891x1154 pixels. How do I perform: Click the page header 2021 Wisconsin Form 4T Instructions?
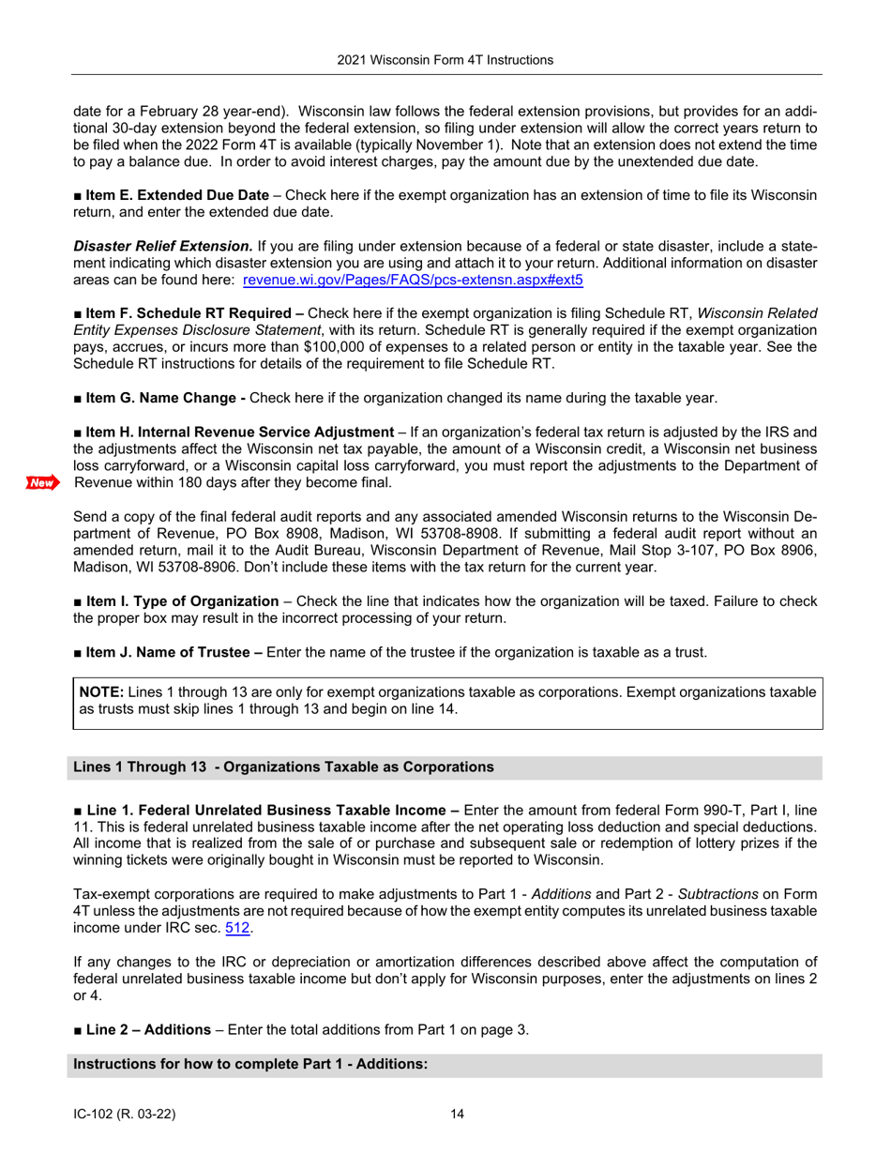pyautogui.click(x=446, y=59)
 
